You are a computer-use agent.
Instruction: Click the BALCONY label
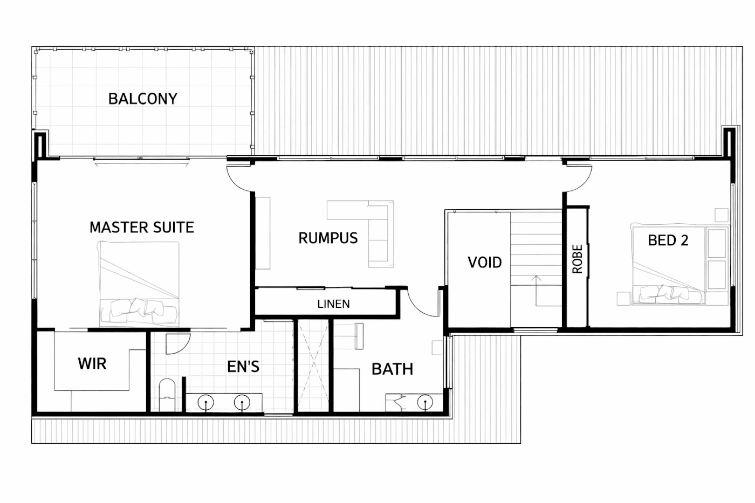coord(142,99)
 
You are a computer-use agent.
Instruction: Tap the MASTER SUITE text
coord(142,228)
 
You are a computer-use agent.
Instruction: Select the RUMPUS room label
coord(328,238)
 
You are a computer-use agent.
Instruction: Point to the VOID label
coord(485,263)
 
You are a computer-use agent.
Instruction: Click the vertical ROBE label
coord(578,259)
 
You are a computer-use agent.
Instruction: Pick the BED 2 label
coord(668,240)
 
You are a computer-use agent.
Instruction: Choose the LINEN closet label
coord(333,304)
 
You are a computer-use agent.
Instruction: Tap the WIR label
coord(92,363)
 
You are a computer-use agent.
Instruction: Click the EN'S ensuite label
coord(243,367)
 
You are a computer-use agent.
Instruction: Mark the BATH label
coord(393,369)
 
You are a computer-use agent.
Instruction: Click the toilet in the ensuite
coord(167,395)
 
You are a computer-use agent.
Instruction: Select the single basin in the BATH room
coord(425,402)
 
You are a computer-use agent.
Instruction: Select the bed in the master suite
coord(139,284)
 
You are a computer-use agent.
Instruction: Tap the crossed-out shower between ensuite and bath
coord(313,366)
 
